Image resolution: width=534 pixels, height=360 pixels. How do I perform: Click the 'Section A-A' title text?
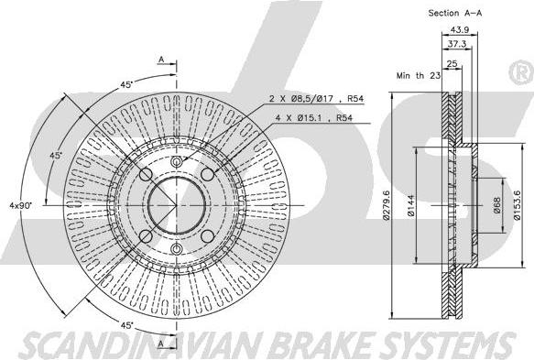455,14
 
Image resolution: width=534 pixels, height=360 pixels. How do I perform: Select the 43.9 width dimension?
460,29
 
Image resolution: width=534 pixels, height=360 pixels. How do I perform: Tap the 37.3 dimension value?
457,44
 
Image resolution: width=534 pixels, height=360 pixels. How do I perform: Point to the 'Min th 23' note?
419,76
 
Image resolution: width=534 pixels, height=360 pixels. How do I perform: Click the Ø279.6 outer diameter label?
386,205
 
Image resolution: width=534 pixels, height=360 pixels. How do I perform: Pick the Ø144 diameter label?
410,206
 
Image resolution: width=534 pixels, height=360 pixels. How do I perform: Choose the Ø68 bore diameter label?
496,205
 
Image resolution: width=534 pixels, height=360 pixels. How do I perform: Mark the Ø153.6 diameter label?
518,205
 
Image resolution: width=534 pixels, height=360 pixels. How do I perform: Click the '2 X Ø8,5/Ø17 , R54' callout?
316,99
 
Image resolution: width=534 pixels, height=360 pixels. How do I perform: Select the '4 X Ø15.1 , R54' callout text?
313,118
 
